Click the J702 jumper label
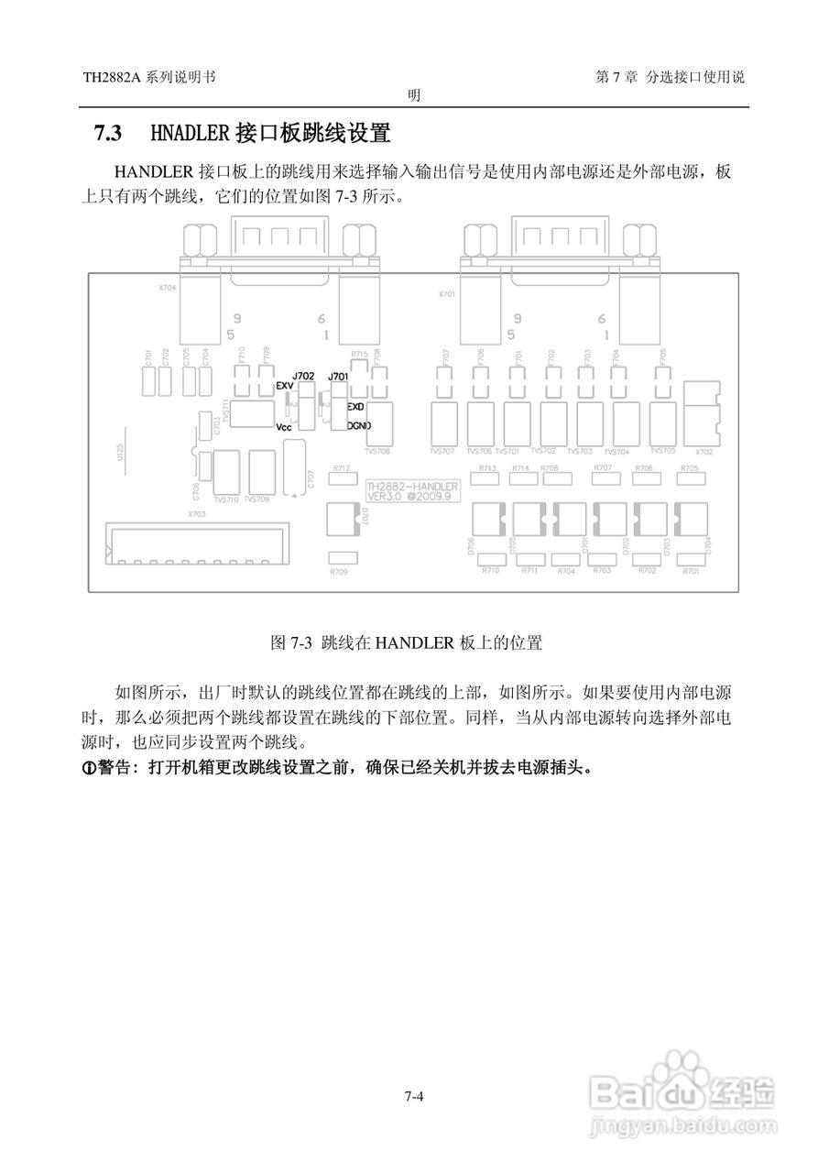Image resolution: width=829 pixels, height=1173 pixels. [302, 376]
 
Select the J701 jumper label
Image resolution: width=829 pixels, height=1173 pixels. [338, 376]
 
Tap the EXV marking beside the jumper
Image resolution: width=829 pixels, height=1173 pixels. [284, 387]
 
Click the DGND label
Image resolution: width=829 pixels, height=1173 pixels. [358, 425]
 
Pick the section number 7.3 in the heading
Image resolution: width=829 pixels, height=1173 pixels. [108, 134]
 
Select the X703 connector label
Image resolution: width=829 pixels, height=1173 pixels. [196, 514]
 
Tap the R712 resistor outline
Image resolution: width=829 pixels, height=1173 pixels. [343, 479]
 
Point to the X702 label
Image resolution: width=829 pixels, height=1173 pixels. [704, 452]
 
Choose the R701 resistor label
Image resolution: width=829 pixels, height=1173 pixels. [691, 571]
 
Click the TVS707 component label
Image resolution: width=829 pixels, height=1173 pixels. [442, 451]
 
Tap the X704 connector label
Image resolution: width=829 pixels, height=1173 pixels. [167, 287]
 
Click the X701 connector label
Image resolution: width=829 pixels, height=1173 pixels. [446, 294]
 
